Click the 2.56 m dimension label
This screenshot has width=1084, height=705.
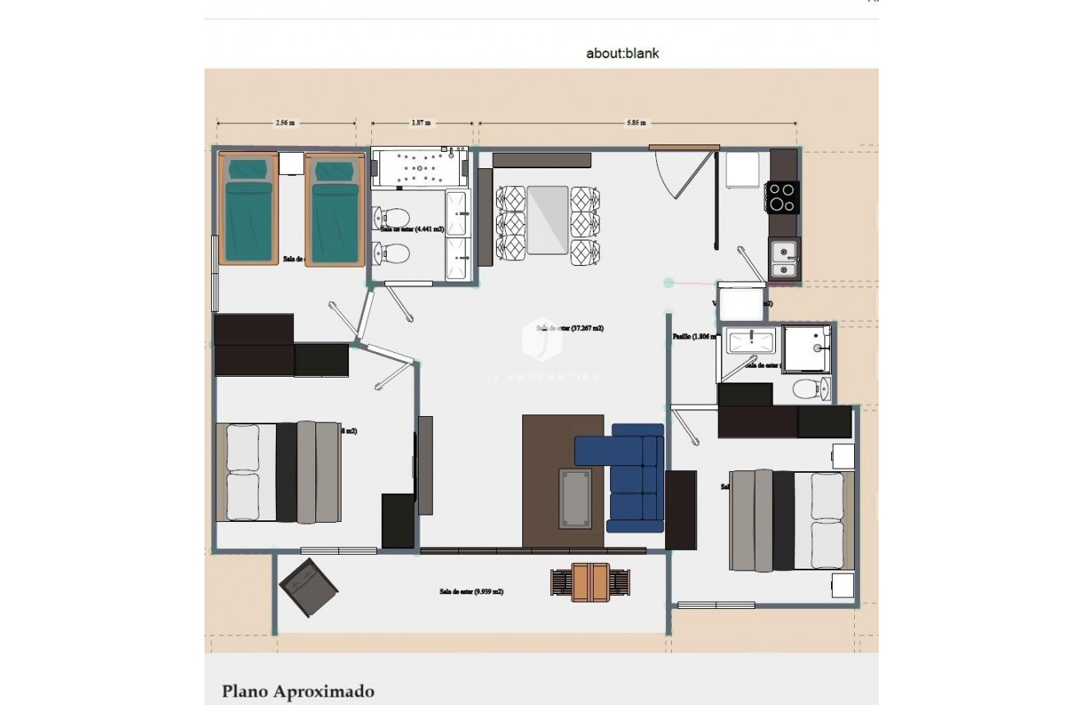285,123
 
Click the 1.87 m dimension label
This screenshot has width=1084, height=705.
422,123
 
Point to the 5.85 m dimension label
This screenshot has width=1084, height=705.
636,123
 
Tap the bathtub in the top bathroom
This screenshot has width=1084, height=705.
419,167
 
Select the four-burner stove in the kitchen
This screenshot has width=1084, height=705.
782,197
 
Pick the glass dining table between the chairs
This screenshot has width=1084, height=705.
548,219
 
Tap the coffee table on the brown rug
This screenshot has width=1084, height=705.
575,497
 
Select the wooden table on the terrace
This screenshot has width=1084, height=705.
590,582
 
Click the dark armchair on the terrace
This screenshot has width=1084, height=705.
308,587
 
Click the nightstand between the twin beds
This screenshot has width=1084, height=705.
292,163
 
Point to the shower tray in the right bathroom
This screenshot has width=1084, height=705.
806,348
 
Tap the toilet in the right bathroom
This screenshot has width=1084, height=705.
812,389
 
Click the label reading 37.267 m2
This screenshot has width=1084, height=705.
570,327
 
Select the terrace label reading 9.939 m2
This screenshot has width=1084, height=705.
471,591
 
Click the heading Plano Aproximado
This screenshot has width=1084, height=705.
297,691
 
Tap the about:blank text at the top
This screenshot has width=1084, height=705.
622,53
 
